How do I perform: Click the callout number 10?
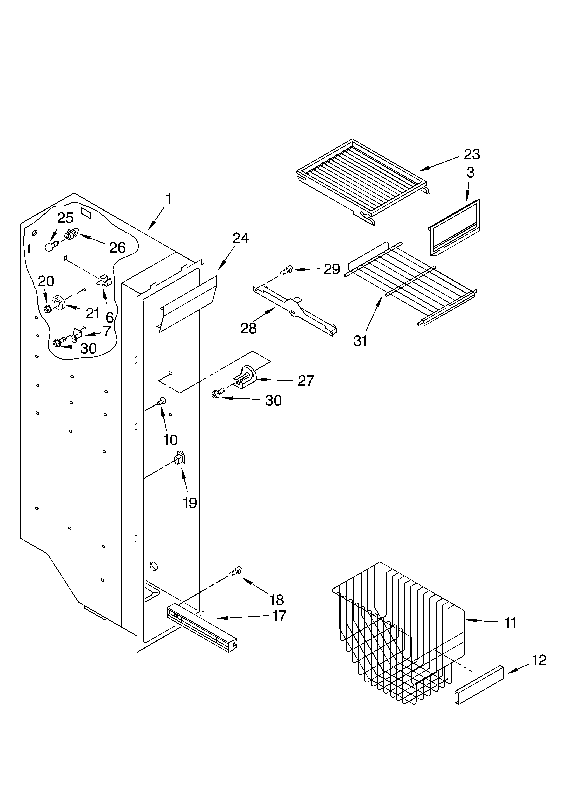(170, 440)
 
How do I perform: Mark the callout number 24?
(240, 238)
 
